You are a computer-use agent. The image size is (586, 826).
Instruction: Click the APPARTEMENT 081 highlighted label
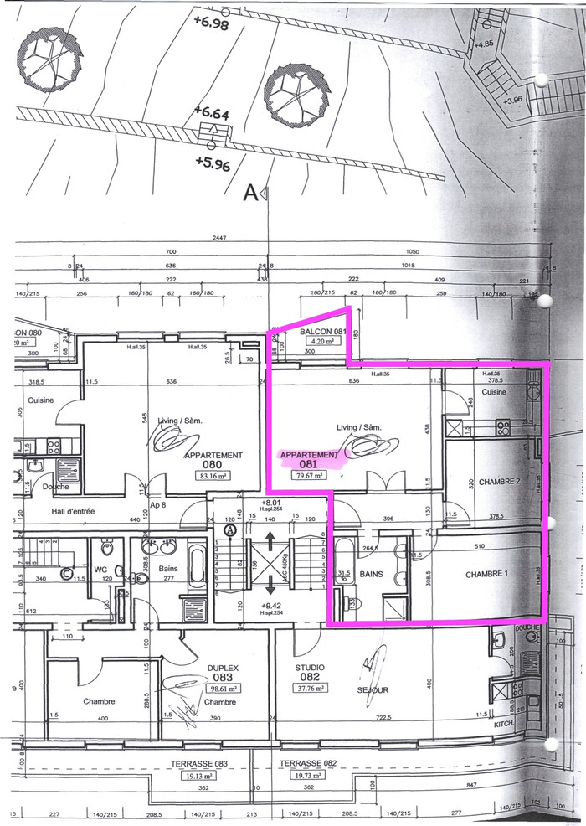point(311,458)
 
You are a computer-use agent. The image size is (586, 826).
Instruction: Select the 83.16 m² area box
point(213,475)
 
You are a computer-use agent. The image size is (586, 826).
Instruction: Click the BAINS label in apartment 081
point(371,575)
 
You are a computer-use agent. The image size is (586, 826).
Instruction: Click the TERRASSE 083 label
point(199,764)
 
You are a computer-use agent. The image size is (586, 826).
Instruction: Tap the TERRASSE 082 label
point(308,764)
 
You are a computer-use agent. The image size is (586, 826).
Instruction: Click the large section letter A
point(249,194)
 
